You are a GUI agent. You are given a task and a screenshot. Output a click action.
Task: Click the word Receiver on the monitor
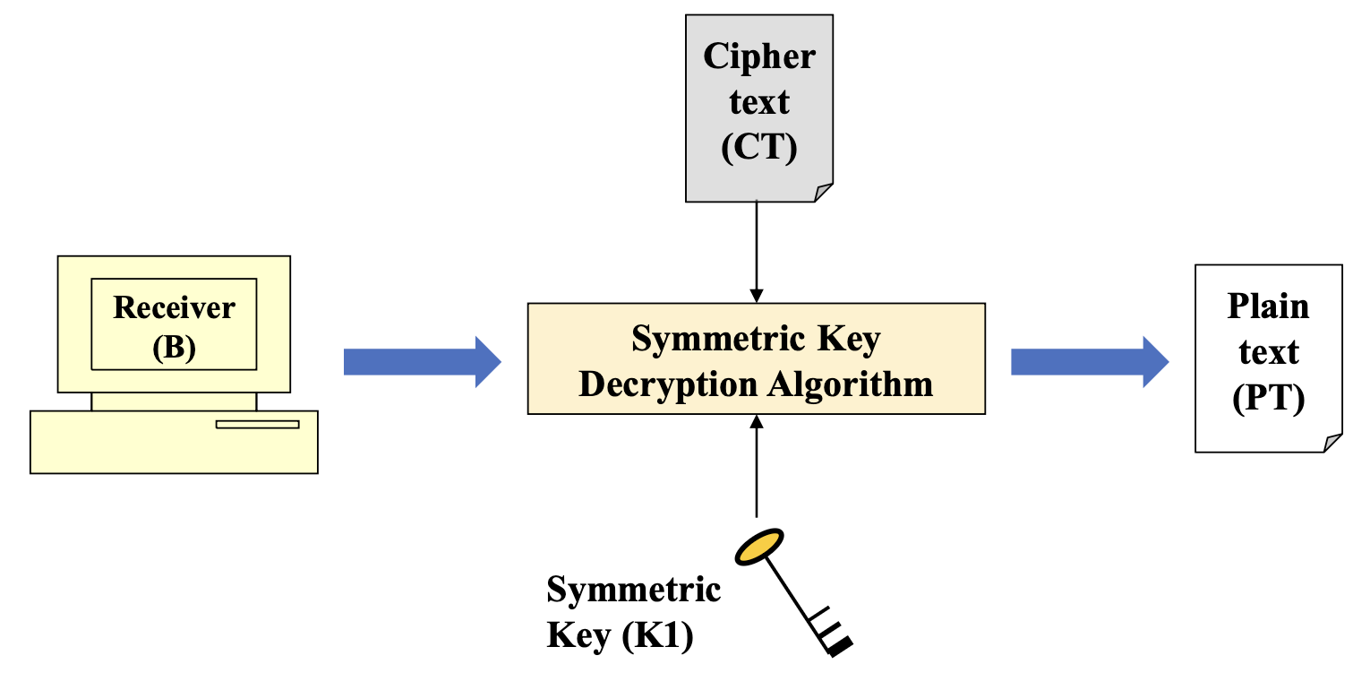point(174,308)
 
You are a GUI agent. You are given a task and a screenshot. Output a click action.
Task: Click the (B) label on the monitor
point(174,347)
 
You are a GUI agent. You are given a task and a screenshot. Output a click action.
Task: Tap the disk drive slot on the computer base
point(257,424)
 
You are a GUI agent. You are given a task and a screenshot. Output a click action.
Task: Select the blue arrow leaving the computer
point(421,362)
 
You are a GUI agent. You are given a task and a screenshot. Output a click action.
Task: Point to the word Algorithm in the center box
point(850,384)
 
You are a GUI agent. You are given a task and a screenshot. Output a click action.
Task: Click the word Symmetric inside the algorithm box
point(705,340)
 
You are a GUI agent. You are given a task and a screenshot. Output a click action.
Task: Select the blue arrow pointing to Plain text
point(1089,362)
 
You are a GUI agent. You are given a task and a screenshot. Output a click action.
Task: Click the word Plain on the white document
point(1268,306)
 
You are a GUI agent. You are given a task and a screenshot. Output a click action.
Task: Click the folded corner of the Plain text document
point(1332,443)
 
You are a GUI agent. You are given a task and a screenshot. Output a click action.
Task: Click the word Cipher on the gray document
point(759,56)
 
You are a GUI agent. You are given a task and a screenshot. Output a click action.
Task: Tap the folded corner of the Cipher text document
point(824,192)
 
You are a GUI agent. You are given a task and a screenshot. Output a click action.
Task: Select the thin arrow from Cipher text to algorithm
point(757,251)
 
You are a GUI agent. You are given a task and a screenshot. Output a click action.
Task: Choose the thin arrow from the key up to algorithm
point(757,466)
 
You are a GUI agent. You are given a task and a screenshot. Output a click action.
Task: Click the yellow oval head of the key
point(759,547)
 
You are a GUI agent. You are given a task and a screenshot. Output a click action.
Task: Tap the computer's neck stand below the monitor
point(174,401)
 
